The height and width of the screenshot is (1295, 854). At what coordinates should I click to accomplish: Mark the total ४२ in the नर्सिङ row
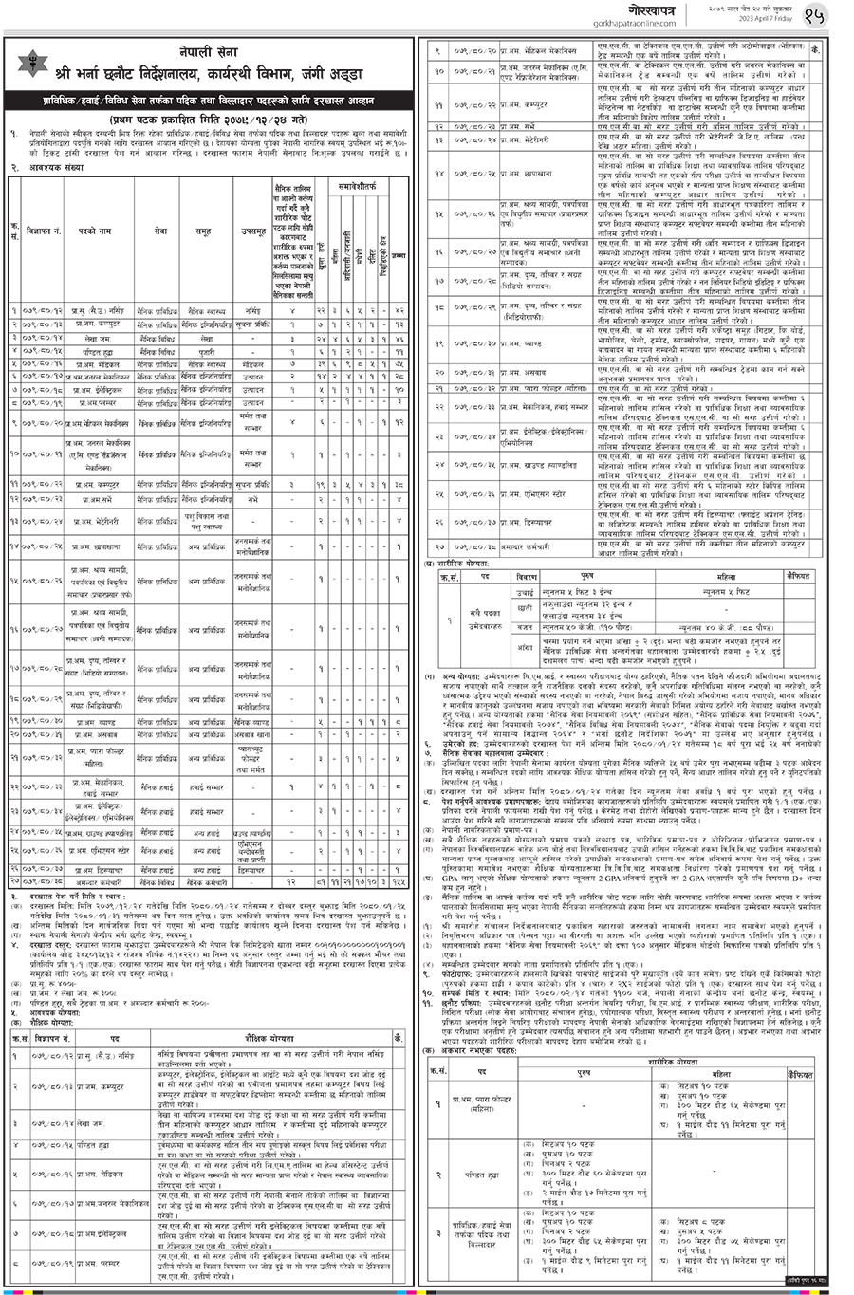click(x=399, y=310)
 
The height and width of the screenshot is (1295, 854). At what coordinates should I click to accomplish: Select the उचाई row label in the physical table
click(x=525, y=592)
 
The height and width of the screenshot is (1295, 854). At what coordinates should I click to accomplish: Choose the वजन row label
click(x=525, y=627)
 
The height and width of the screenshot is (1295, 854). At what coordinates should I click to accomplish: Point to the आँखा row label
click(x=525, y=649)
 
